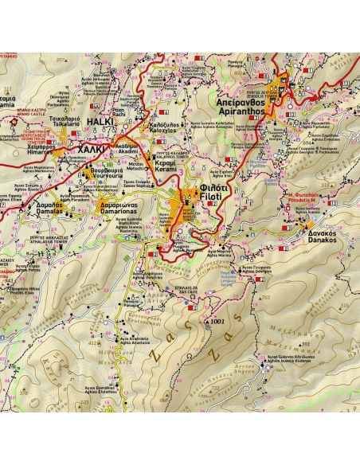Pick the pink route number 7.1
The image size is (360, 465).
pos(249,138)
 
